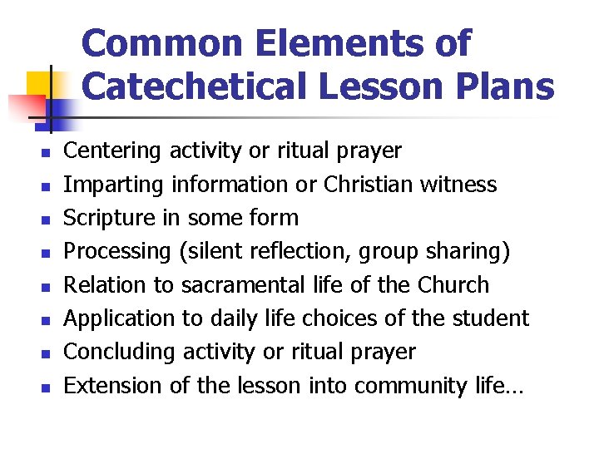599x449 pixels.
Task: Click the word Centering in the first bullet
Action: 113,151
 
